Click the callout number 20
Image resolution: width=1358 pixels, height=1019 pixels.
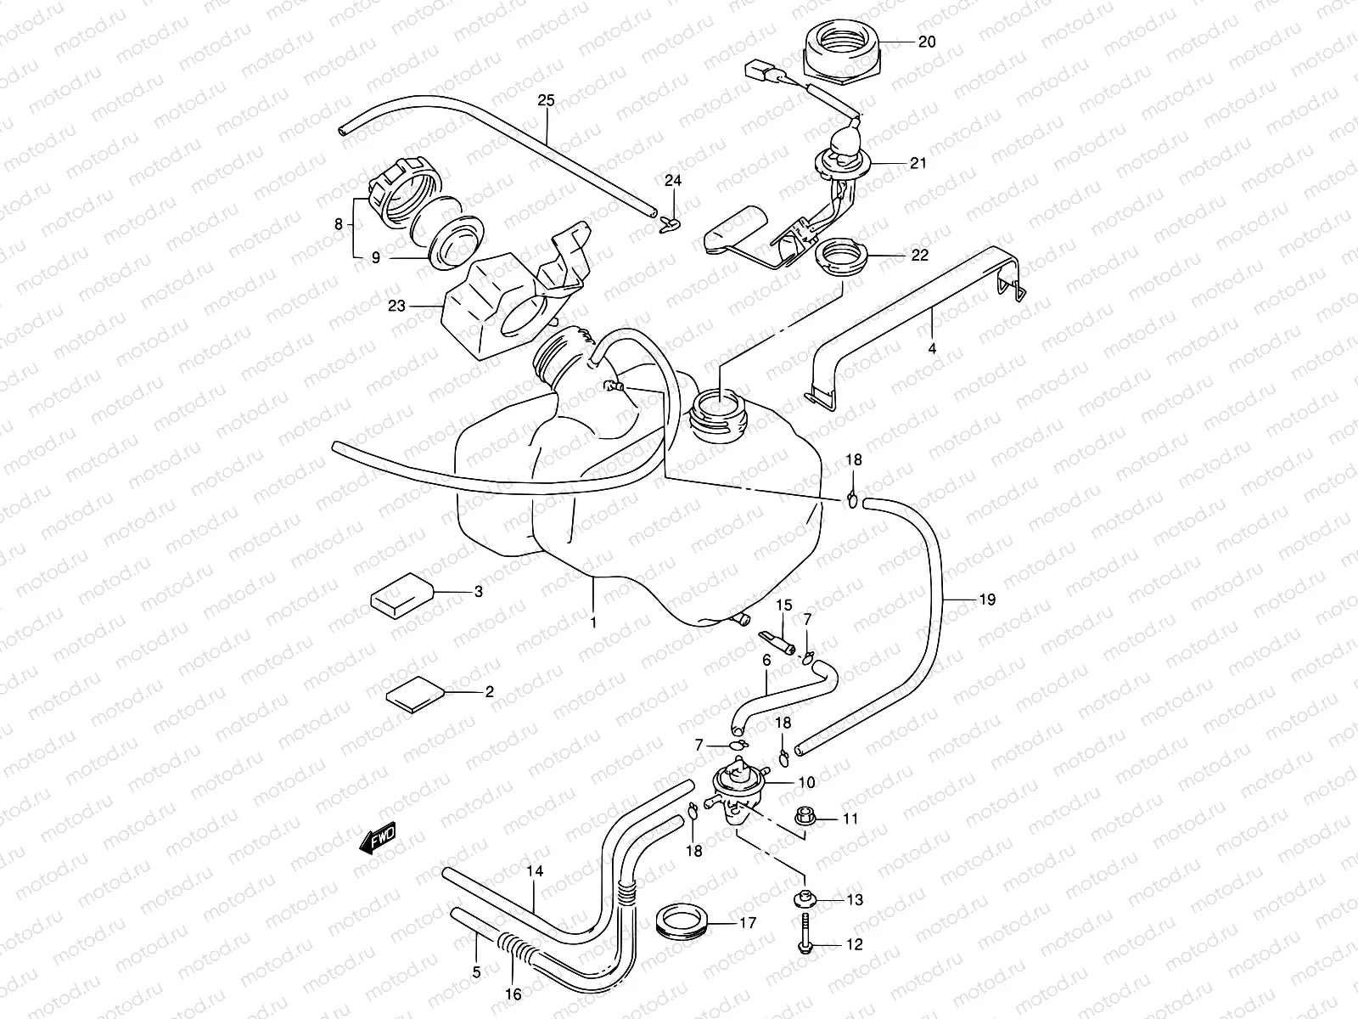[927, 41]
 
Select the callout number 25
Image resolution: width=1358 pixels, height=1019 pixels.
[546, 100]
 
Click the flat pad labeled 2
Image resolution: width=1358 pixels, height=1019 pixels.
[414, 695]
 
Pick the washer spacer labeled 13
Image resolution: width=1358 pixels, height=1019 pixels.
[803, 899]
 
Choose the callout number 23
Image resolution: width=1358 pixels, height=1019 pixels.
[396, 307]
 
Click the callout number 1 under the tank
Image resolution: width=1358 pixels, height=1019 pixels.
[593, 622]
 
